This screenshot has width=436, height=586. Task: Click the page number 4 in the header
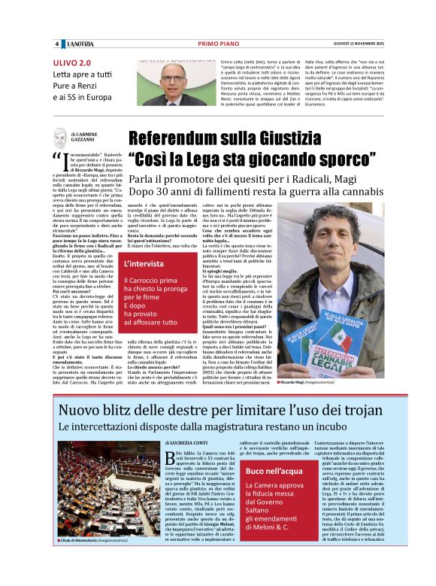(56, 44)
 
